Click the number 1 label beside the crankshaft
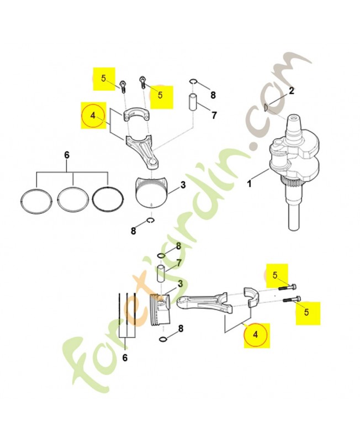249,184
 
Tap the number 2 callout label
292,91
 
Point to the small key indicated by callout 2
266,107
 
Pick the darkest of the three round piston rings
108,198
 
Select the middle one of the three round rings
72,198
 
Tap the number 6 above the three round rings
67,155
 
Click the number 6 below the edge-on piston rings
125,357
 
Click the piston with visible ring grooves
160,309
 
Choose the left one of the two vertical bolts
123,87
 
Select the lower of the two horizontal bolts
289,299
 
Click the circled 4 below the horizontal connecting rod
255,335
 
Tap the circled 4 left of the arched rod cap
93,115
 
